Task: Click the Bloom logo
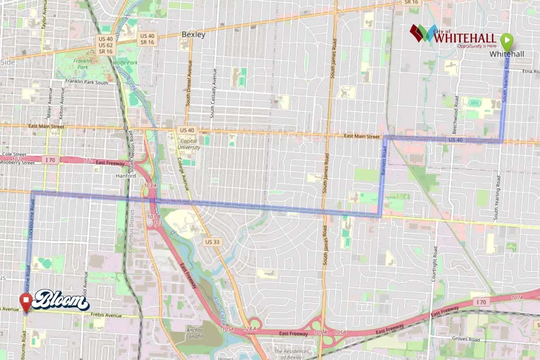pyautogui.click(x=60, y=300)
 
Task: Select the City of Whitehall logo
pyautogui.click(x=453, y=36)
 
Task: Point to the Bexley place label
pyautogui.click(x=193, y=35)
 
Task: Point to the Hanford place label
pyautogui.click(x=126, y=176)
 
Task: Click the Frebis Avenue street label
pyautogui.click(x=104, y=315)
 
